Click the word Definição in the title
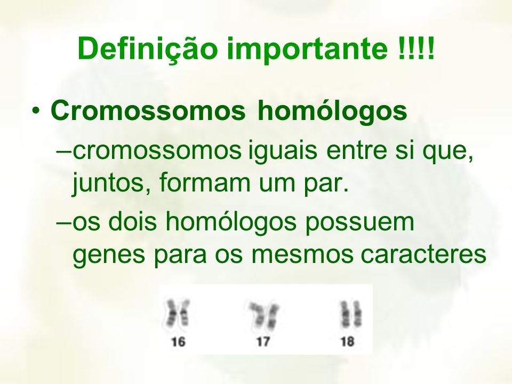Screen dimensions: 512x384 coord(148,49)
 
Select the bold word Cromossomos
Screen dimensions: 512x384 coord(148,110)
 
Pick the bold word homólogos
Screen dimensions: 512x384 coord(332,110)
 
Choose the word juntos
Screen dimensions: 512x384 coord(108,183)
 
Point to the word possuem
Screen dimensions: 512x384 coord(359,223)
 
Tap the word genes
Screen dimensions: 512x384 coord(108,255)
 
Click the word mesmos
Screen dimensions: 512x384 coord(302,255)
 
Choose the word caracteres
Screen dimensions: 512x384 coord(423,255)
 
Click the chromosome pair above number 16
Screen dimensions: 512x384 coord(177,313)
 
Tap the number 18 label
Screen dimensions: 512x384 coord(347,342)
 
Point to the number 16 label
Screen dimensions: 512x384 coord(178,342)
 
